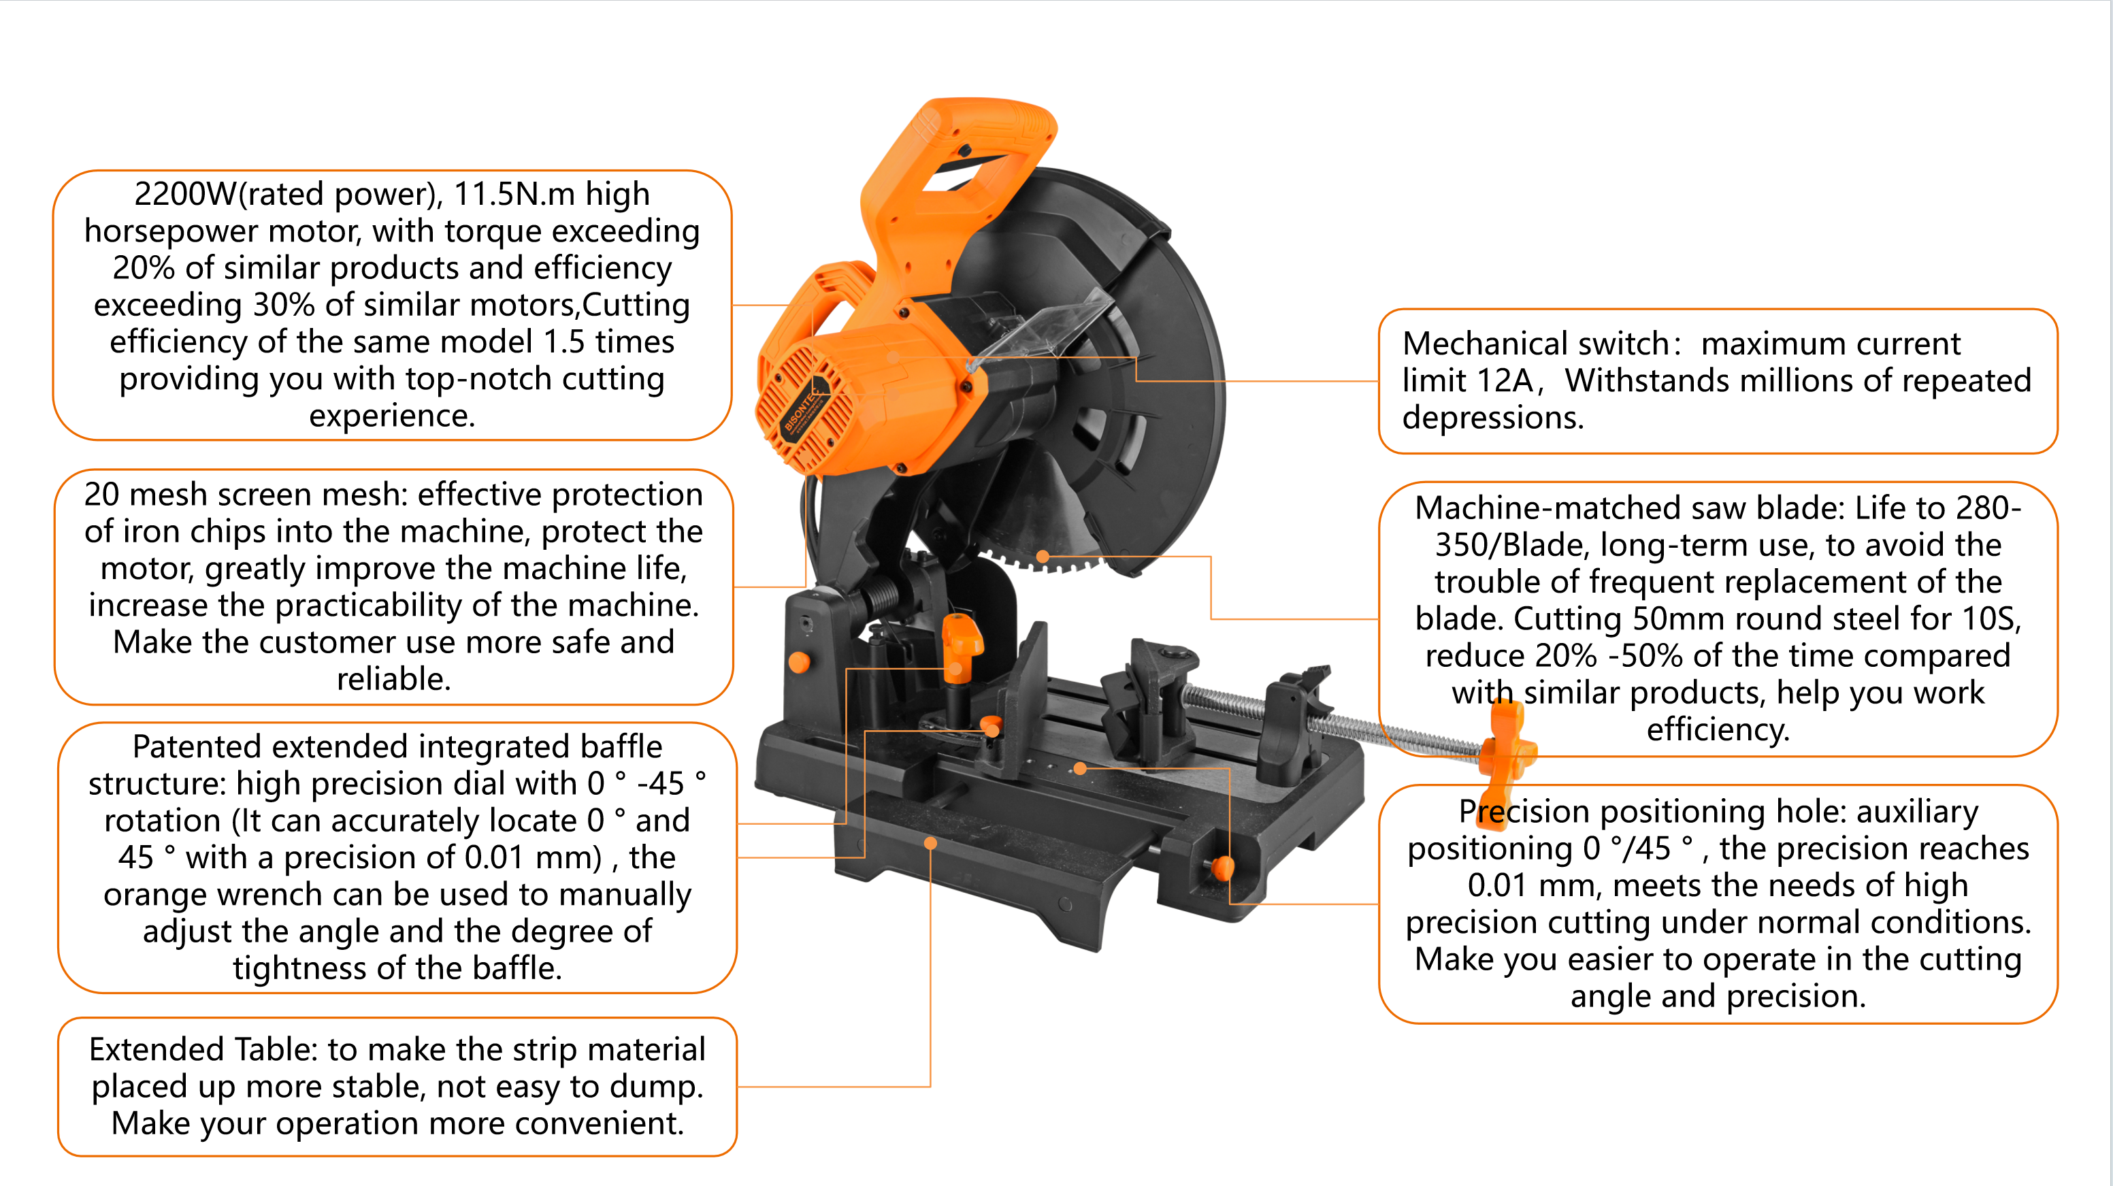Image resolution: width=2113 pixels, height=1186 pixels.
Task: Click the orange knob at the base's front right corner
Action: (1222, 867)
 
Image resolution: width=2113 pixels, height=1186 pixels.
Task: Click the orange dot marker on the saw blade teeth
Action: (1043, 557)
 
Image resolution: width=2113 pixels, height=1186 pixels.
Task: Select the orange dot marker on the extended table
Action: (930, 843)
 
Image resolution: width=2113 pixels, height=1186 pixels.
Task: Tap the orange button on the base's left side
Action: (798, 662)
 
